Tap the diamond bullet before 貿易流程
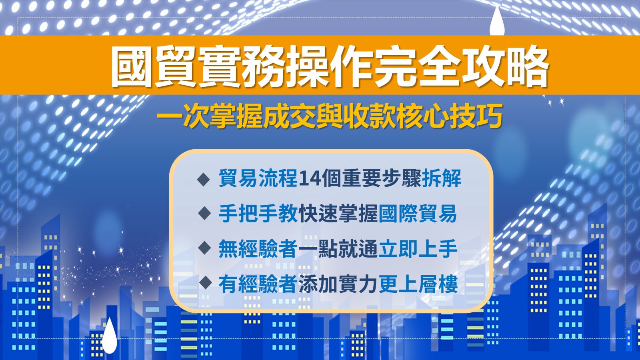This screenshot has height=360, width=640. [204, 180]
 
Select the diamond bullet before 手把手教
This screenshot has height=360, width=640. [204, 214]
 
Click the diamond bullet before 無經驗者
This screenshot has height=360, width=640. [204, 248]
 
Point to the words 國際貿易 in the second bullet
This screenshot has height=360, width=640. [418, 214]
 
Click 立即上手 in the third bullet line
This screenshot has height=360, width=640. [418, 248]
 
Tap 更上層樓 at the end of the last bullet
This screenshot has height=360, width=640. [418, 284]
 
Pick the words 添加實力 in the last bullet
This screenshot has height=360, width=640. [338, 284]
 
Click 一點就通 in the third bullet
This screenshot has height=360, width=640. [338, 248]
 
